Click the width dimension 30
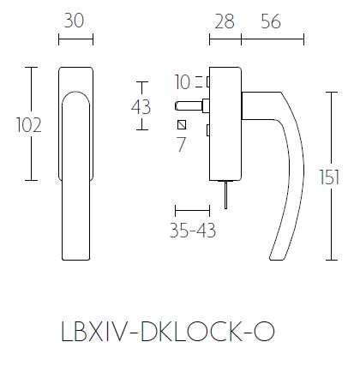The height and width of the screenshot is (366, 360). tap(74, 21)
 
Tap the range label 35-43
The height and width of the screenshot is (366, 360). tap(192, 231)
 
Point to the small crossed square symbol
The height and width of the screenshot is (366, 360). tap(181, 126)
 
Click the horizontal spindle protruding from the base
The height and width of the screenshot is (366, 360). tap(190, 107)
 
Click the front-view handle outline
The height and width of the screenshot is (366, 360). tap(75, 163)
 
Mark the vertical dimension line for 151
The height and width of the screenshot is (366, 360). tap(331, 176)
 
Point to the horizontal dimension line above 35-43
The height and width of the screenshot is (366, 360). tap(192, 209)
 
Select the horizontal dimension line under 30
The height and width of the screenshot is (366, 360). tap(74, 39)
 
